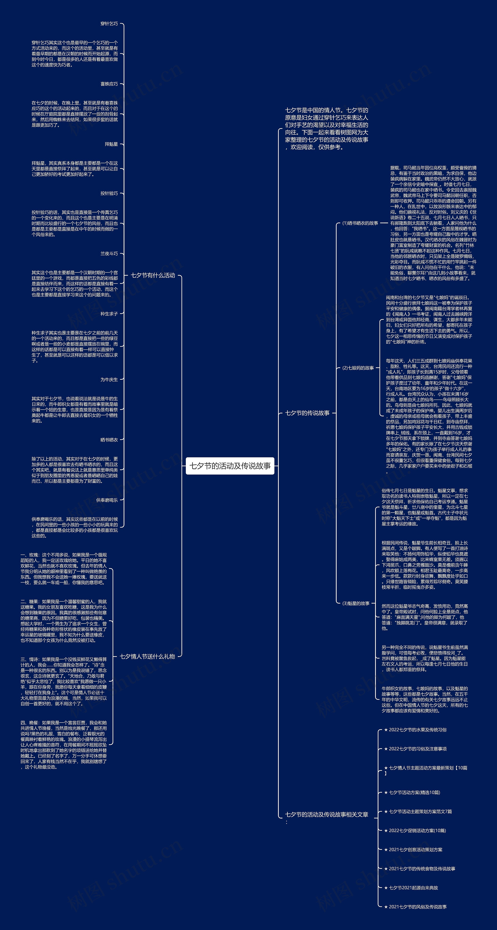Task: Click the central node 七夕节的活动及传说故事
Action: point(230,466)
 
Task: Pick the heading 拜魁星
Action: point(111,144)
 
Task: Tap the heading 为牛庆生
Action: point(109,380)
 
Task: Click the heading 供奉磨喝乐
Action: point(107,500)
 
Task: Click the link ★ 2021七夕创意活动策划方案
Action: point(413,849)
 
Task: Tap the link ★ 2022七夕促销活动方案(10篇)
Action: point(415,830)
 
